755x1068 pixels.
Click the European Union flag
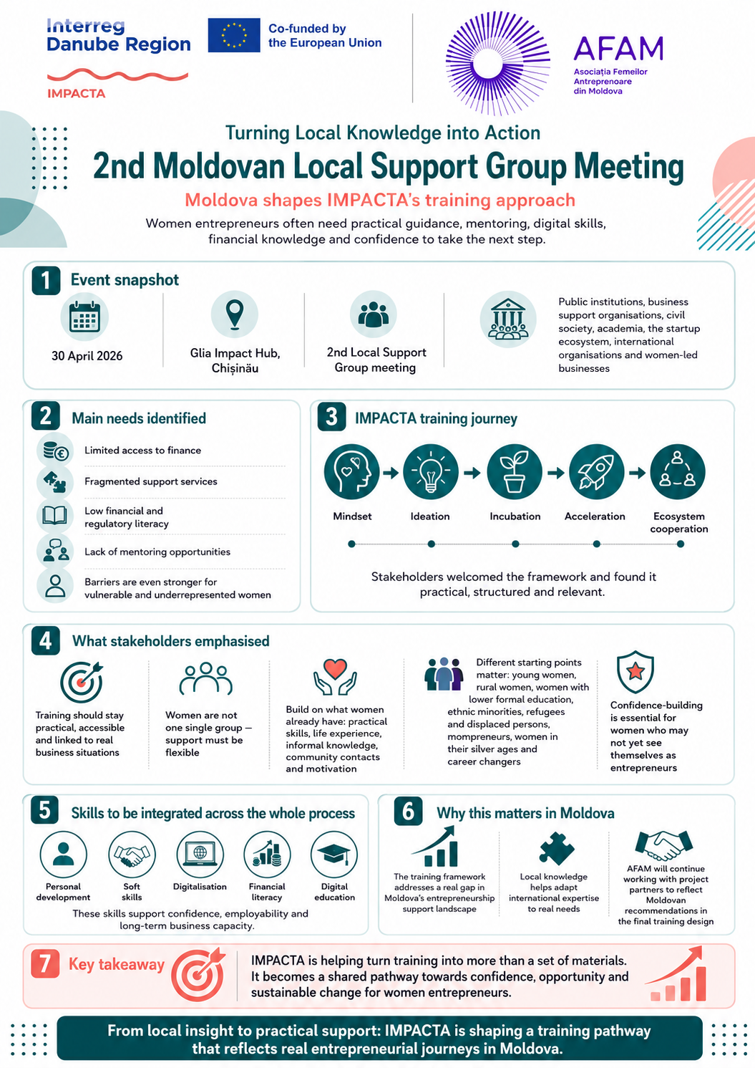tap(234, 35)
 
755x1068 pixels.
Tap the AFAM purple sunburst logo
tap(498, 64)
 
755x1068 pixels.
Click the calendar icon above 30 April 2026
tap(84, 317)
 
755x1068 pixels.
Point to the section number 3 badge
tap(331, 417)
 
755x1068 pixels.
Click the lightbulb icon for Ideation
tap(431, 472)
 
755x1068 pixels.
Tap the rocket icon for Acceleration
tap(596, 472)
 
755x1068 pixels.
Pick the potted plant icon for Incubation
tap(515, 472)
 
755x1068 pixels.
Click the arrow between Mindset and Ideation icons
tap(391, 473)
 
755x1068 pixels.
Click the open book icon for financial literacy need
tap(55, 516)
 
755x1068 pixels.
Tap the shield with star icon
tap(635, 672)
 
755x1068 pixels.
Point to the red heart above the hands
tap(335, 668)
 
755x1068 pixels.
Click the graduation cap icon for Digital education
tap(334, 855)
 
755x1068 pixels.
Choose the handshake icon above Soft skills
tap(132, 855)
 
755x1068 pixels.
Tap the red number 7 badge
tap(45, 963)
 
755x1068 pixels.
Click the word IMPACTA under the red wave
tap(76, 93)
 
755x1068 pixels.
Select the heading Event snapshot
tap(125, 280)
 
